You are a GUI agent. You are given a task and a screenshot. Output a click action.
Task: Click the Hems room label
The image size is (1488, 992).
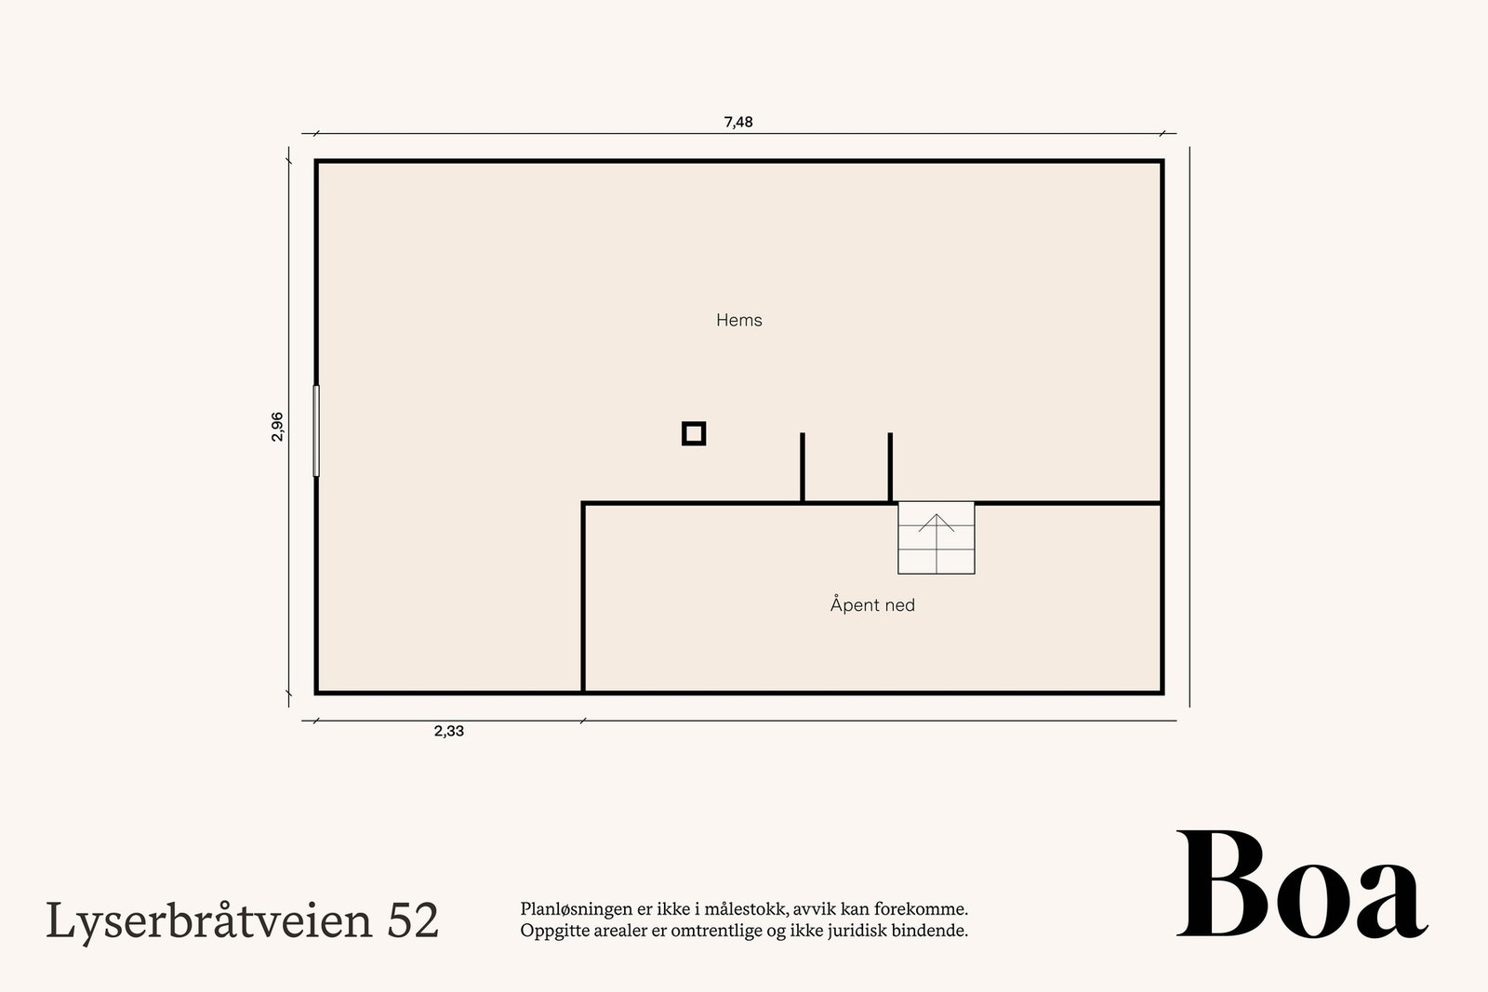click(x=738, y=320)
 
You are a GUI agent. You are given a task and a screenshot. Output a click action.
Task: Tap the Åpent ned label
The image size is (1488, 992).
click(x=872, y=605)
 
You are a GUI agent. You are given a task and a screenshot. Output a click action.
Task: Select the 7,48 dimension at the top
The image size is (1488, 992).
click(x=738, y=122)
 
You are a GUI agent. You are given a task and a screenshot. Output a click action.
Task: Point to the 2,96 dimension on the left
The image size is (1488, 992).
click(x=277, y=426)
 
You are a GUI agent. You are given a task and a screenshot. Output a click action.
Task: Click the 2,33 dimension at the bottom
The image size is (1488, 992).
click(x=448, y=732)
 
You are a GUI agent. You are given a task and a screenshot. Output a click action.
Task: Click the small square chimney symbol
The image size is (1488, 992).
click(x=694, y=433)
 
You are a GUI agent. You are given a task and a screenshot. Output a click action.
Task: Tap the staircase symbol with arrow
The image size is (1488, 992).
click(x=936, y=538)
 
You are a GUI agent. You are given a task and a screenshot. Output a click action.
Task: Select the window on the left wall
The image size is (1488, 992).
click(x=316, y=430)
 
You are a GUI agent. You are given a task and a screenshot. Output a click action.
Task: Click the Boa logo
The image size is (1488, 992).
click(x=1301, y=886)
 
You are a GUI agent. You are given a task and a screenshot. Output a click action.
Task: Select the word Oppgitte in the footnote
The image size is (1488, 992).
click(x=550, y=931)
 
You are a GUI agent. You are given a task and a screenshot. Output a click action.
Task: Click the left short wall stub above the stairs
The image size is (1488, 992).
click(x=803, y=468)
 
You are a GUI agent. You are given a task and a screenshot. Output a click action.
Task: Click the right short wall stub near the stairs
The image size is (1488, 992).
click(x=890, y=468)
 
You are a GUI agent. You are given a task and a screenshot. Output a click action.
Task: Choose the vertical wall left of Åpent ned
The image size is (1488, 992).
click(x=583, y=597)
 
